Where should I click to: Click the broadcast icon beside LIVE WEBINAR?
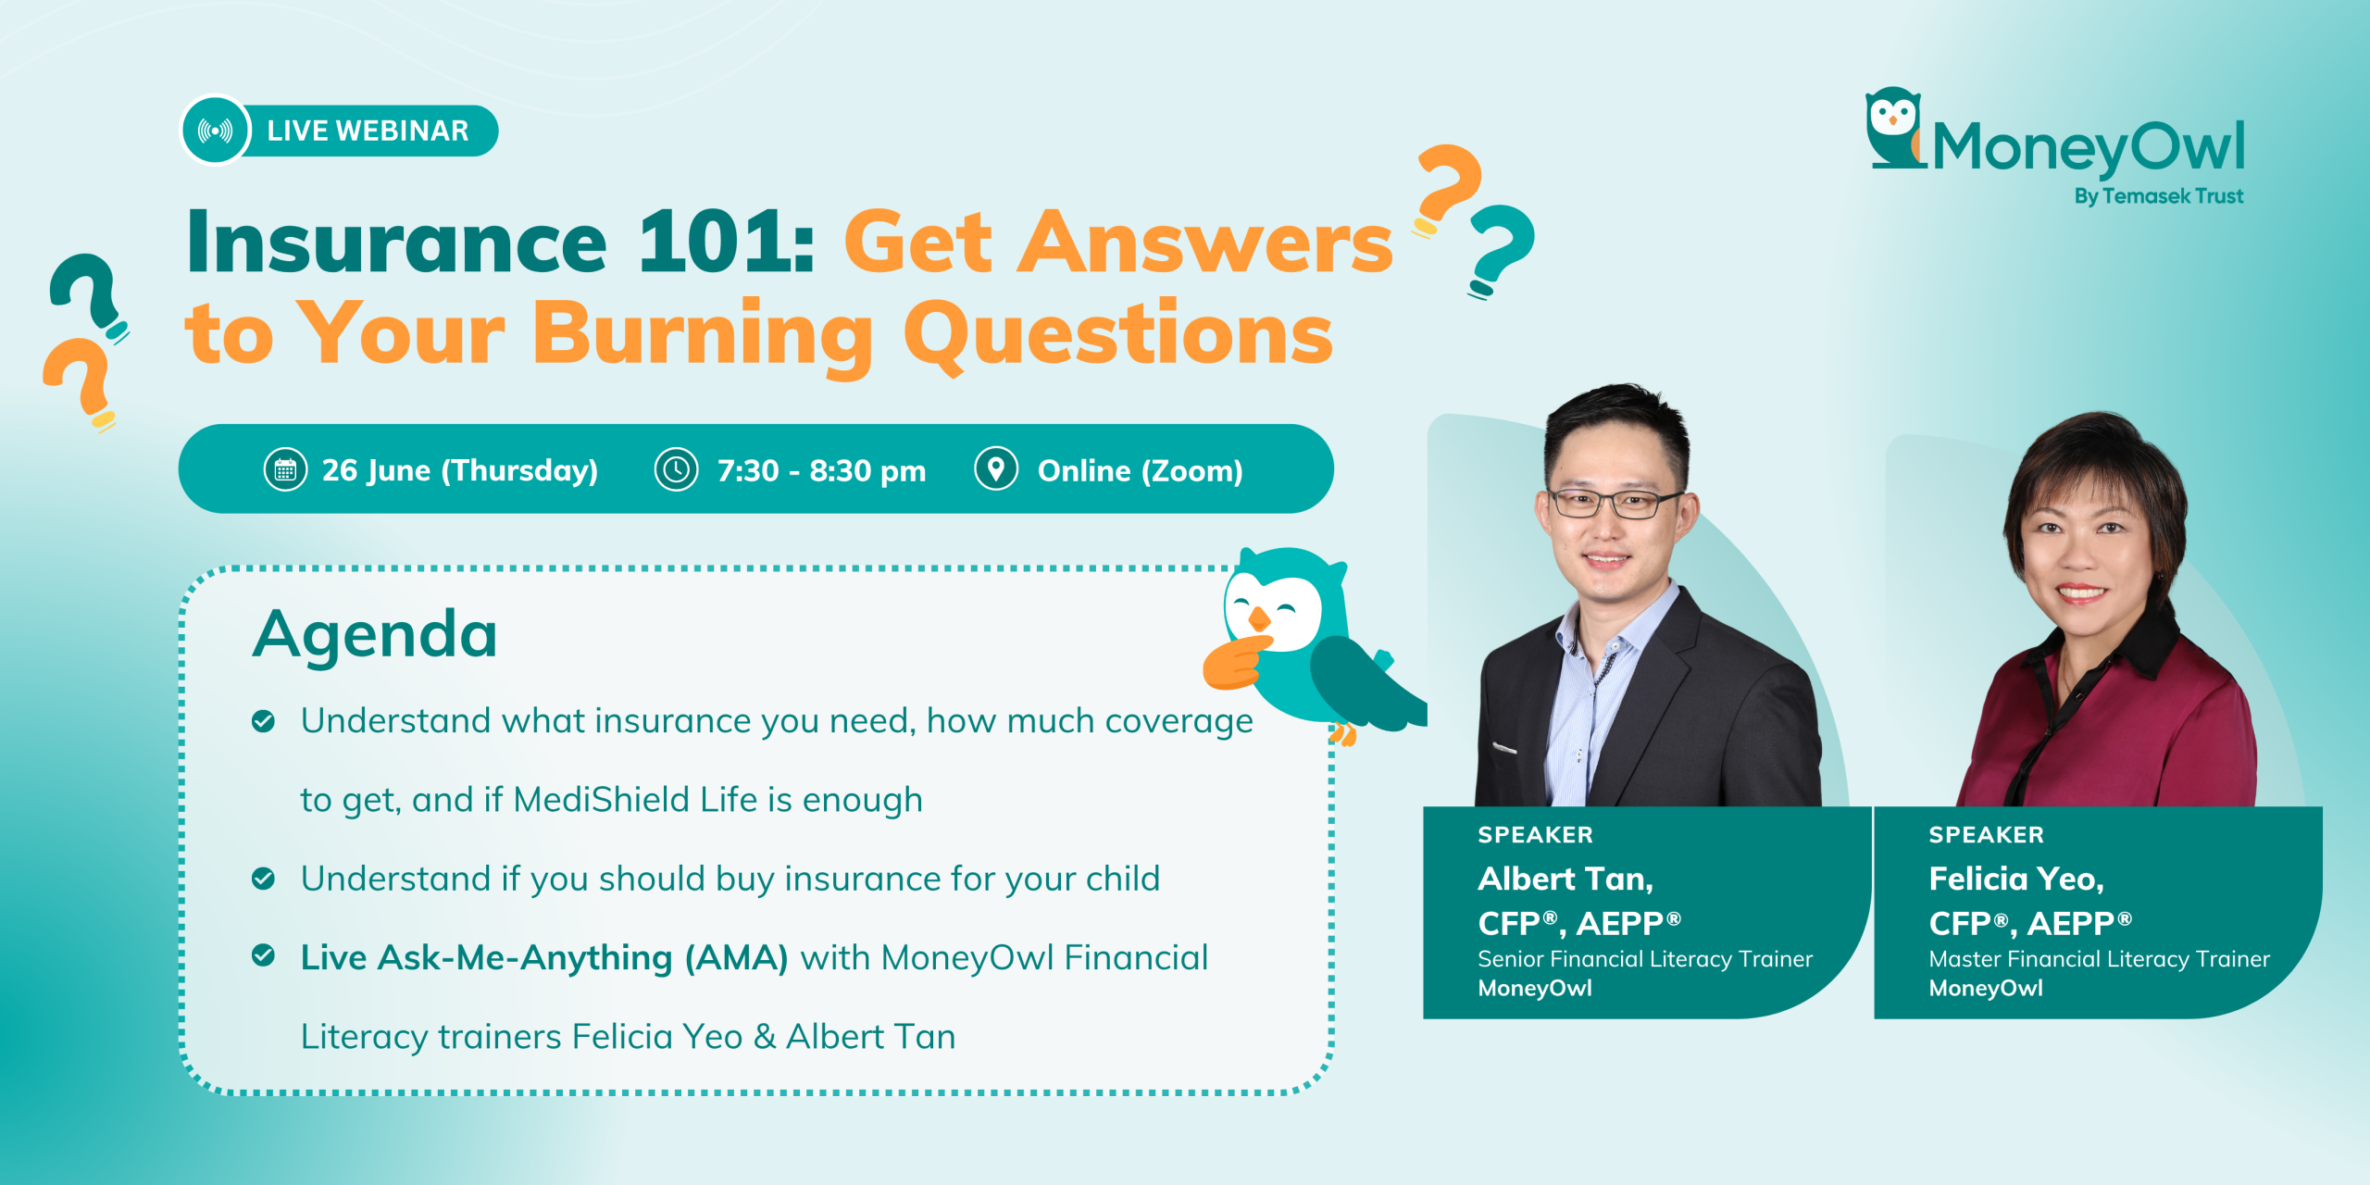click(x=216, y=131)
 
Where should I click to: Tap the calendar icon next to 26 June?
click(x=285, y=470)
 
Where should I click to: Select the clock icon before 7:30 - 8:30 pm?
click(x=677, y=470)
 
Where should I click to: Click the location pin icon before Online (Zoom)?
click(x=996, y=469)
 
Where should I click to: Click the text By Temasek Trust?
click(x=2158, y=196)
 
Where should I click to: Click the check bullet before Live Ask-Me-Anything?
click(x=263, y=956)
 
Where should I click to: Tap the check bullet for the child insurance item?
click(x=263, y=878)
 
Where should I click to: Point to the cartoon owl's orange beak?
click(x=1258, y=617)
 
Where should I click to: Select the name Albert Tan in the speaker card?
click(x=1565, y=879)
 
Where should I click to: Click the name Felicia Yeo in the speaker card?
click(x=2015, y=879)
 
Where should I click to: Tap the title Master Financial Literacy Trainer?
click(x=2099, y=958)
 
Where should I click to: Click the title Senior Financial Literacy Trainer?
click(x=1645, y=958)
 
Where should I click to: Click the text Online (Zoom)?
click(x=1140, y=471)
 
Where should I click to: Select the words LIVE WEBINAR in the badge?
click(x=368, y=131)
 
